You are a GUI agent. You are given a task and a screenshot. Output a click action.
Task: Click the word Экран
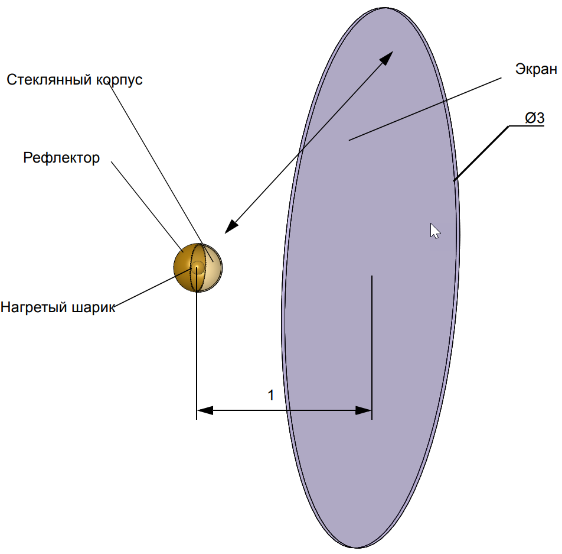pos(536,69)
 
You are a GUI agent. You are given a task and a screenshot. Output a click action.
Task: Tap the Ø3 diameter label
pos(534,118)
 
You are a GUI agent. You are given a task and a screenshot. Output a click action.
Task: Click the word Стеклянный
pos(49,80)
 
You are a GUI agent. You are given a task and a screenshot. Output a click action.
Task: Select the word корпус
pos(119,80)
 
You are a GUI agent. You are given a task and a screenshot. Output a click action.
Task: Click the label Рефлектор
pos(61,158)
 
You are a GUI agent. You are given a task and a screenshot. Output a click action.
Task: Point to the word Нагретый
pos(34,307)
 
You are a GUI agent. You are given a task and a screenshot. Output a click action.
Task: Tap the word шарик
pos(94,307)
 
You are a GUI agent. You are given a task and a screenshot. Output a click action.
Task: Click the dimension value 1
pos(271,396)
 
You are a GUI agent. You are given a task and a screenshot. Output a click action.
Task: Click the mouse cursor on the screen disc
pos(434,231)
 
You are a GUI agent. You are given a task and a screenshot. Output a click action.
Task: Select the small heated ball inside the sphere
pos(197,267)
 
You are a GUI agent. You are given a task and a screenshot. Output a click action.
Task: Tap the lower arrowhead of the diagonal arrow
pos(231,226)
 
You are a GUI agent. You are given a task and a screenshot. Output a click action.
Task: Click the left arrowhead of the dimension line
pos(205,410)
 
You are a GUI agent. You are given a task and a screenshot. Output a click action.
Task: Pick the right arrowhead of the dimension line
pos(364,410)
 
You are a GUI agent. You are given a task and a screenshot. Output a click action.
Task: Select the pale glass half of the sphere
pos(212,267)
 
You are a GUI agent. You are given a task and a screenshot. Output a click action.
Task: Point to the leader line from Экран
pos(425,109)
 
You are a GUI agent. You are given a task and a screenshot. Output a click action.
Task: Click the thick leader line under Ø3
pos(481,153)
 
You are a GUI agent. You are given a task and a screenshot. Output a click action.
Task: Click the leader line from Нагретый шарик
pos(153,287)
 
